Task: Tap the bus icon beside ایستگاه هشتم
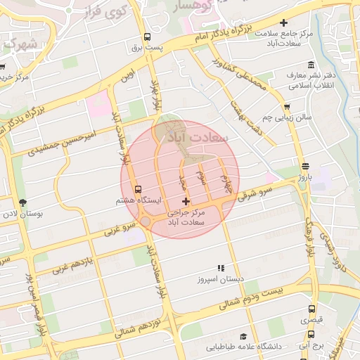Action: (x=138, y=189)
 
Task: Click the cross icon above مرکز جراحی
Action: (x=186, y=202)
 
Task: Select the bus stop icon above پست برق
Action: (x=147, y=37)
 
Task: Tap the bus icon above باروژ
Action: (x=304, y=167)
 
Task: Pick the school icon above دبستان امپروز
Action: (x=221, y=268)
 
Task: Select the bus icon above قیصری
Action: (x=311, y=309)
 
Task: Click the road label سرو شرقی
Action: (x=255, y=192)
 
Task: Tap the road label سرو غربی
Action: (x=120, y=228)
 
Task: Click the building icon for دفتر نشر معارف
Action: (x=290, y=74)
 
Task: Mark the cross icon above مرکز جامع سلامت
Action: (x=284, y=23)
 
